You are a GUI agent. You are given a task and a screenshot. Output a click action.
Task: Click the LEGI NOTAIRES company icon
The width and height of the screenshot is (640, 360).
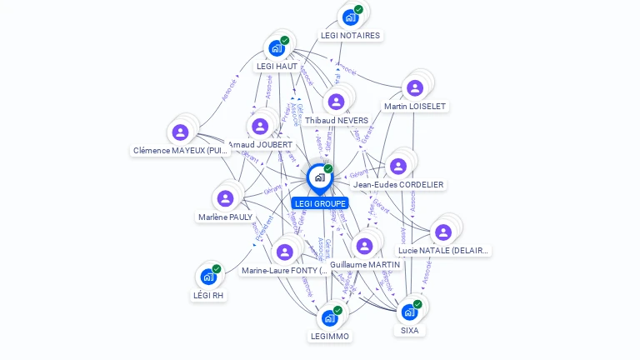coord(351,17)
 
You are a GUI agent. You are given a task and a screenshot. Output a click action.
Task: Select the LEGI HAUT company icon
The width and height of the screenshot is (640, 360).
coord(277,47)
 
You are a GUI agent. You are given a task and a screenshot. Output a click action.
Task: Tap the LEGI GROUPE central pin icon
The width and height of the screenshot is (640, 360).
coord(319,177)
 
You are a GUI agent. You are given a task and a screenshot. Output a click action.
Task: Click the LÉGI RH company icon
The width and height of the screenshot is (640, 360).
coord(208,276)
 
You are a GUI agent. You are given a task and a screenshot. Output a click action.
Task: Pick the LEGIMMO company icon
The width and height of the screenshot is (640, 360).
coord(330,317)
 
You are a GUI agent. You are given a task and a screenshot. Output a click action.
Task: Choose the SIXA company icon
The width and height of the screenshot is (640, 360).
coord(409,312)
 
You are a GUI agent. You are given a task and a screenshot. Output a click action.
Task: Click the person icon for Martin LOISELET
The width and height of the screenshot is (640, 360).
coord(414,87)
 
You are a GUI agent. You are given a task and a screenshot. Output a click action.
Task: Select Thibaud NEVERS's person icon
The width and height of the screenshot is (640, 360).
coord(336,102)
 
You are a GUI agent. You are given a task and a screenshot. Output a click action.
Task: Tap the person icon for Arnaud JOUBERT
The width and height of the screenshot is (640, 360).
coord(260,126)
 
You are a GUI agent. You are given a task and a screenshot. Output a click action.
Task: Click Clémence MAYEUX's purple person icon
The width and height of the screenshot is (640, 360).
coord(180,132)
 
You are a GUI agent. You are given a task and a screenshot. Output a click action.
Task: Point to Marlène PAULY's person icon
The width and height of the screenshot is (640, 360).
coord(225,198)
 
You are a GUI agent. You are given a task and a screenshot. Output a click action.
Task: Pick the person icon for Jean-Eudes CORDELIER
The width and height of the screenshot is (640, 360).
coord(398,166)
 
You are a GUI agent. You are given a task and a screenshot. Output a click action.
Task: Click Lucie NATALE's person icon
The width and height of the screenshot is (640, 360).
coord(443,232)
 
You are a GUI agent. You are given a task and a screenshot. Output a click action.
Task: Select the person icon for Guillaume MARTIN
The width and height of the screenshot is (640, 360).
coord(364,246)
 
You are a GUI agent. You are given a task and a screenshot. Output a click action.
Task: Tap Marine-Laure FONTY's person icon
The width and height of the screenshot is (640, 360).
coord(284,252)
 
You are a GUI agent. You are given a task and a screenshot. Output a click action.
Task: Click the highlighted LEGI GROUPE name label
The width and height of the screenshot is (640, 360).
coord(320,203)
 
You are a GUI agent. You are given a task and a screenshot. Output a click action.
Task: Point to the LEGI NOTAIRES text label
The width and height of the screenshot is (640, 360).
coord(350,36)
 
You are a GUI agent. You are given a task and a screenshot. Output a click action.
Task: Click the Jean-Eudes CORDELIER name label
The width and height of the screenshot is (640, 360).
coord(398,185)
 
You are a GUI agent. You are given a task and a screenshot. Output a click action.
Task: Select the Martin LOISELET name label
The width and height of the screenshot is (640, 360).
coord(415,107)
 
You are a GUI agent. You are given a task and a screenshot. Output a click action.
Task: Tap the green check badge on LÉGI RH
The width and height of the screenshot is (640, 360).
coord(217,268)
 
